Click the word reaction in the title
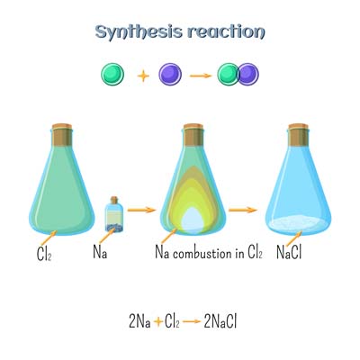point(226,31)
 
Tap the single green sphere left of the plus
point(112,75)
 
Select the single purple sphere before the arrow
point(170,75)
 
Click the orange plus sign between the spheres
point(143,76)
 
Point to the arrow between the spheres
point(201,76)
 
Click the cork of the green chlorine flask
point(62,134)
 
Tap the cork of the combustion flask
point(193,134)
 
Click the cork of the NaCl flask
point(298,134)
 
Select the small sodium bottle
point(114,214)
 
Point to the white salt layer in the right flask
point(298,223)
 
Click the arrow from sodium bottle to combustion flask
point(141,210)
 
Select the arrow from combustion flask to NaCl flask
point(243,210)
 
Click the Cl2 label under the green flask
point(44,255)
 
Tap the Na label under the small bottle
point(100,252)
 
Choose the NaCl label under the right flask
point(289,252)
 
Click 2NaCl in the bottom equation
point(220,321)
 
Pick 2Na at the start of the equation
point(139,321)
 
